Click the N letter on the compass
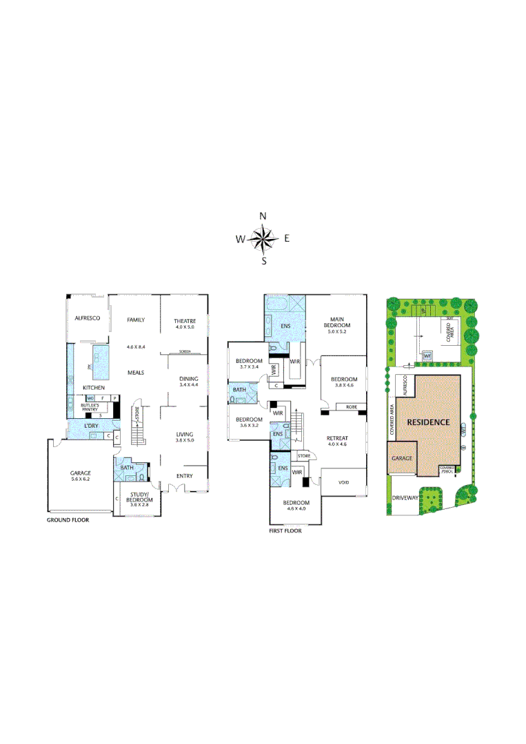pos(263,216)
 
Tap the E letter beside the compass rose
pos(287,239)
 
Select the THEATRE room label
pos(185,321)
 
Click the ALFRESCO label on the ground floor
pos(88,318)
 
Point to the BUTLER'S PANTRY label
pos(90,407)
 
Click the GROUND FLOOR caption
pos(68,520)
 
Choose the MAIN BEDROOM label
pos(336,322)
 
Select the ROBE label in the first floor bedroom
pos(350,407)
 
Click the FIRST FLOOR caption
pos(285,530)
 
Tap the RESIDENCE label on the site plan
pos(428,422)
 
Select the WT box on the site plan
pos(427,355)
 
